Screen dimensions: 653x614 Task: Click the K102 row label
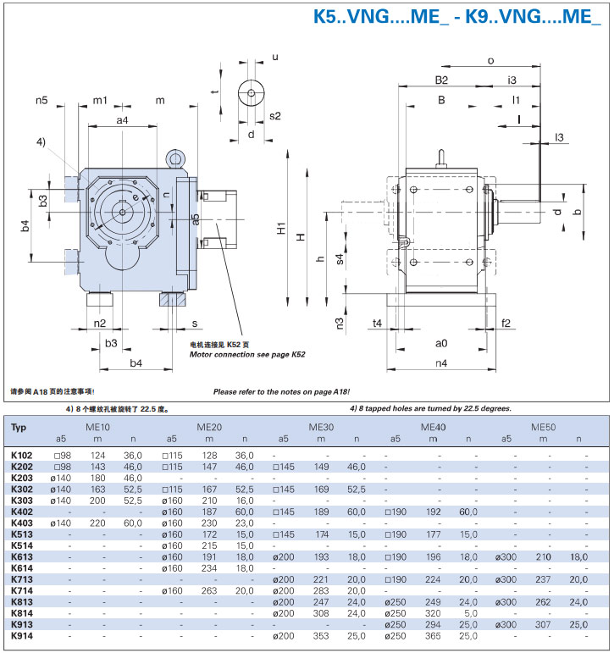click(x=21, y=456)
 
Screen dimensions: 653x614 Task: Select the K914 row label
click(x=21, y=635)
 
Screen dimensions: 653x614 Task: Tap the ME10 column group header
click(x=98, y=427)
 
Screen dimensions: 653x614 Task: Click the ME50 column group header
click(x=545, y=427)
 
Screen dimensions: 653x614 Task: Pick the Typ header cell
click(x=19, y=428)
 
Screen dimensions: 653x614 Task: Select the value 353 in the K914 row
click(x=320, y=635)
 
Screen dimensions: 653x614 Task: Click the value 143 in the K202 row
click(x=98, y=467)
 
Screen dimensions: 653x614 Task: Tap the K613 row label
click(x=21, y=556)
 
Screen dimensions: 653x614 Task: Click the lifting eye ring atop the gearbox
click(x=175, y=158)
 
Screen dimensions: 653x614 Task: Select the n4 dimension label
click(x=440, y=363)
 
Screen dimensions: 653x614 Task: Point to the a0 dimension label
click(x=440, y=343)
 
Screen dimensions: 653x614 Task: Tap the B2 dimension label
click(x=441, y=80)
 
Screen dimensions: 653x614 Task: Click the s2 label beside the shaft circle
click(x=274, y=116)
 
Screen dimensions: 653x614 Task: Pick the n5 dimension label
click(x=41, y=101)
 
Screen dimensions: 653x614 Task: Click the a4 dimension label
click(x=122, y=121)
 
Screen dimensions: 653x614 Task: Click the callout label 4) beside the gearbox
click(x=41, y=141)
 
